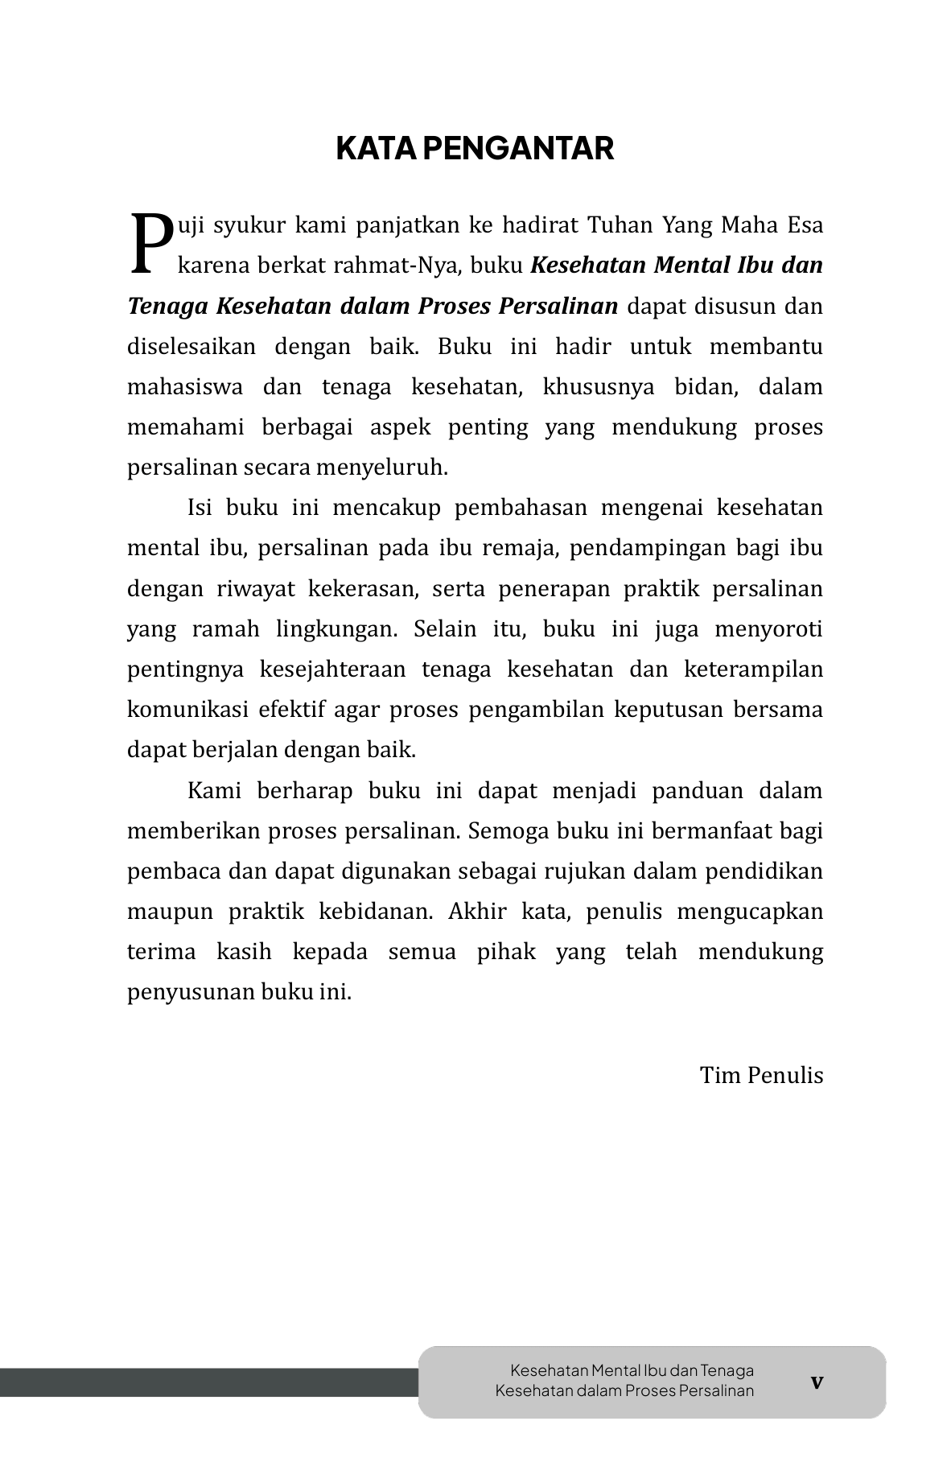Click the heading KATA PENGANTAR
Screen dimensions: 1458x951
(x=475, y=149)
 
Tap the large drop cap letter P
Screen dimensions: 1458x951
(x=150, y=243)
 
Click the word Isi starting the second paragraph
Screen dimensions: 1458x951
(x=201, y=509)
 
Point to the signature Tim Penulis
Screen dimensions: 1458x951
(x=761, y=1076)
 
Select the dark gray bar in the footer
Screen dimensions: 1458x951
(x=209, y=1382)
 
